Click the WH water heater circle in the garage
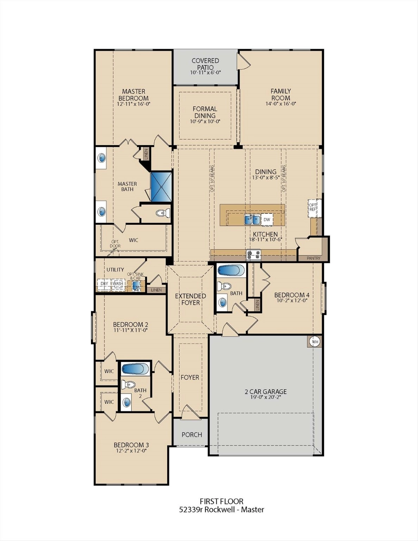[315, 342]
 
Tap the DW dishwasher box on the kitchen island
[267, 219]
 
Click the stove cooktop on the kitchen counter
[254, 255]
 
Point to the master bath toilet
[163, 213]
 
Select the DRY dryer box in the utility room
[104, 284]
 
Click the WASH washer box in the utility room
[118, 284]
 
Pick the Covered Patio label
[205, 64]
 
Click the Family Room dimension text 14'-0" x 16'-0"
[280, 104]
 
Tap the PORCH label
[192, 435]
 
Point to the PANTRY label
[313, 258]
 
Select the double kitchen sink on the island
[252, 220]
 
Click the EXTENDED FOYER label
[191, 299]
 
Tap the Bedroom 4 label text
[292, 295]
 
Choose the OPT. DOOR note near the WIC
[116, 244]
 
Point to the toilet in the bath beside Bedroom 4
[224, 286]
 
